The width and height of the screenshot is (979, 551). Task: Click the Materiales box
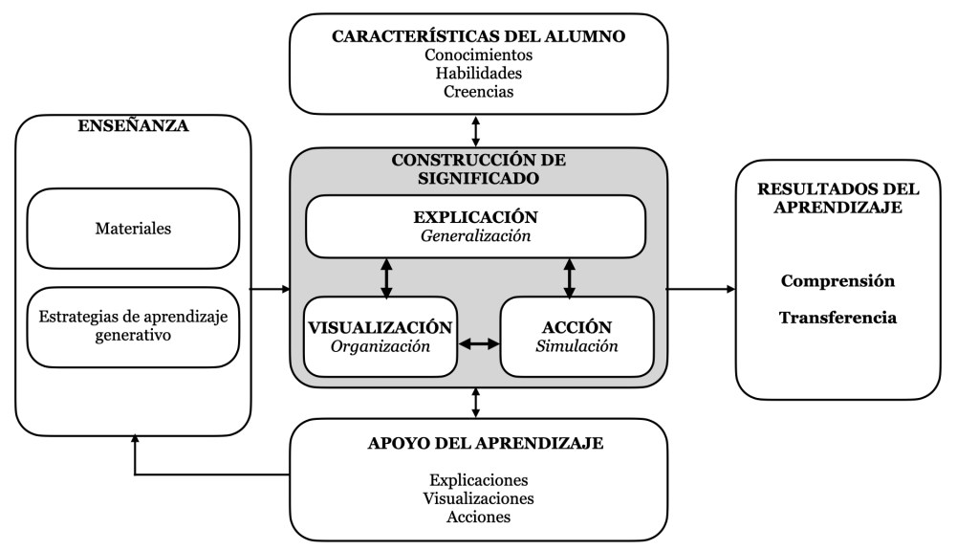(133, 229)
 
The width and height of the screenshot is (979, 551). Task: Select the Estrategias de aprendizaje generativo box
(133, 326)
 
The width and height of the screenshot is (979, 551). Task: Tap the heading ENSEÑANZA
(133, 126)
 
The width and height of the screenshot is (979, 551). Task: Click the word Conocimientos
(478, 55)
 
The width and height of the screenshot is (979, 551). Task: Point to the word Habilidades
(478, 73)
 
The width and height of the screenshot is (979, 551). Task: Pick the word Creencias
(478, 92)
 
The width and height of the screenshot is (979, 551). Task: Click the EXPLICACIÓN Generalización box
(475, 226)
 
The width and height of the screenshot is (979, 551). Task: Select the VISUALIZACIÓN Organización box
(380, 336)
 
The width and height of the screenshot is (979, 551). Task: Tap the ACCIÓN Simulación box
(577, 336)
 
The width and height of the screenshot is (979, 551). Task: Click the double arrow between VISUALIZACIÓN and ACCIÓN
(479, 342)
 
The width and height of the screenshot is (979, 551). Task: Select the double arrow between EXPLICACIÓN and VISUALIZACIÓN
(386, 277)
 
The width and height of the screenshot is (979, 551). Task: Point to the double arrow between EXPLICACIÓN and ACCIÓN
(570, 277)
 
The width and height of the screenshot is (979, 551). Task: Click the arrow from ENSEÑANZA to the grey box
(271, 288)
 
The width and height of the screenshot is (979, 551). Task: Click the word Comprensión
(838, 281)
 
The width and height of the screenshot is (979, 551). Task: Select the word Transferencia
(838, 318)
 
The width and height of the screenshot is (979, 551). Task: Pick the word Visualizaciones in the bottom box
(478, 498)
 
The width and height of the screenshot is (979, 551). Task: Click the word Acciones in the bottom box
(478, 517)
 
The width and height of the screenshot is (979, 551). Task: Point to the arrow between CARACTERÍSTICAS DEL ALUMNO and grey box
(476, 130)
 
